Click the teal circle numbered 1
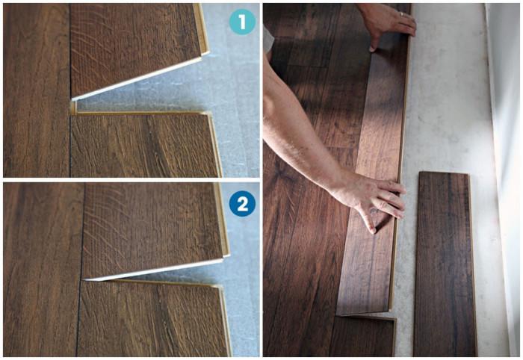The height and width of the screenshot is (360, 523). pyautogui.click(x=242, y=22)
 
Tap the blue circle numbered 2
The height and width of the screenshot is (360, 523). pyautogui.click(x=242, y=203)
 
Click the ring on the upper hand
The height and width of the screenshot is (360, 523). pyautogui.click(x=402, y=14)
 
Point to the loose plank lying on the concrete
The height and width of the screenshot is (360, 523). pyautogui.click(x=445, y=264)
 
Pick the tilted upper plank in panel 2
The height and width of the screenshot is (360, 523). pyautogui.click(x=153, y=230)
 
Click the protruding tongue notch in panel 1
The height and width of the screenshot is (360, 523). pyautogui.click(x=73, y=108)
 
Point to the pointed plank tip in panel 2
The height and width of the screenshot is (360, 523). pyautogui.click(x=85, y=279)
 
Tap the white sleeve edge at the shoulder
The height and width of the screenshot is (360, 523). pyautogui.click(x=268, y=40)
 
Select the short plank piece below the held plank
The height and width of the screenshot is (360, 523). pyautogui.click(x=362, y=336)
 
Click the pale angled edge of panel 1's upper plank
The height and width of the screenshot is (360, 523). pyautogui.click(x=137, y=78)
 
